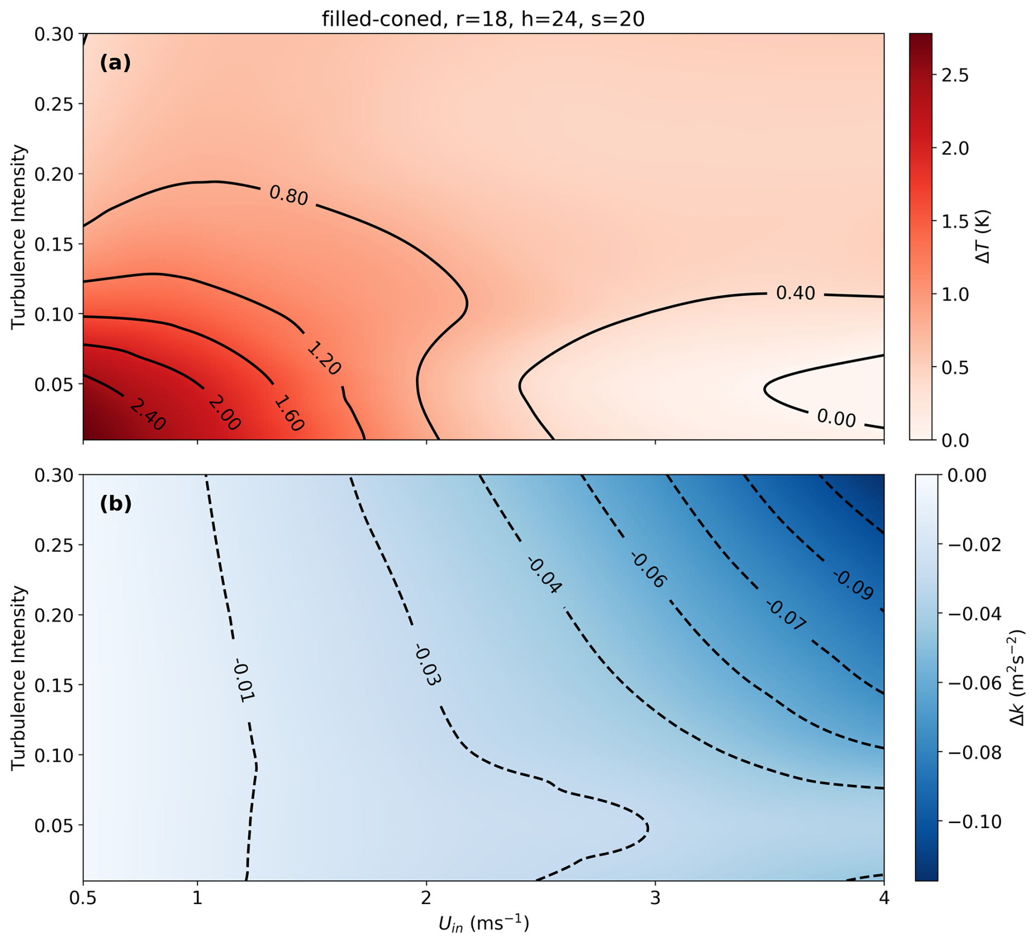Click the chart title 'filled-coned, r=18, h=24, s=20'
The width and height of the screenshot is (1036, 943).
pos(483,19)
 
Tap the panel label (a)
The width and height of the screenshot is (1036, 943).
pos(115,63)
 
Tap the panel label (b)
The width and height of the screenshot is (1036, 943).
pos(116,504)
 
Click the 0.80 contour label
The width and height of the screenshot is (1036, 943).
pos(289,195)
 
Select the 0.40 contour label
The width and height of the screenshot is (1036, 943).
pos(796,293)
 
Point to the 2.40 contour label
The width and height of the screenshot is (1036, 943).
pos(148,414)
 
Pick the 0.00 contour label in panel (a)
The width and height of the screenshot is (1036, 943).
pos(836,418)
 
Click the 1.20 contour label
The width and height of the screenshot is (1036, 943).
pos(324,358)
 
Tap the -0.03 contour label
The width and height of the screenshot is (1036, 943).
pos(428,666)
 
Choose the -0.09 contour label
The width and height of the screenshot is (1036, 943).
pos(853,585)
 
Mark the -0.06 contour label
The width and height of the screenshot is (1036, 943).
pos(648,570)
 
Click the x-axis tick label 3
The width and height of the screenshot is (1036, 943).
pos(655,898)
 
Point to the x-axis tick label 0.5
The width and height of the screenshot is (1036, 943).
pos(83,898)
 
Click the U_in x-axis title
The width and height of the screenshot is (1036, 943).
pos(484,924)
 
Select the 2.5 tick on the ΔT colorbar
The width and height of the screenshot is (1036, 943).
pos(955,76)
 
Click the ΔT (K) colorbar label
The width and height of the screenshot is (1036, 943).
pos(983,236)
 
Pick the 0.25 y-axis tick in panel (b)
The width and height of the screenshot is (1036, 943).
pos(54,545)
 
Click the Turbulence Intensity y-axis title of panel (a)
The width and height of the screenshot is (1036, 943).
pos(19,236)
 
